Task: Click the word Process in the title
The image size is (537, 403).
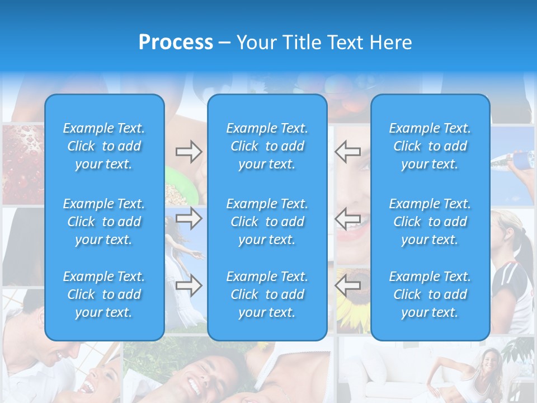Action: pos(176,43)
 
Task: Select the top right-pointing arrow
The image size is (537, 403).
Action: pos(189,152)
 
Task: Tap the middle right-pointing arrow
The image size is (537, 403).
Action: pos(189,218)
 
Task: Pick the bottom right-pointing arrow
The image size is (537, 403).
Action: pos(189,286)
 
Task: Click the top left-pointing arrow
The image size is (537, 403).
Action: pos(348,151)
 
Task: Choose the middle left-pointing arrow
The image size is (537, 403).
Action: pos(348,218)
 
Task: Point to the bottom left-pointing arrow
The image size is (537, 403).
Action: pos(348,285)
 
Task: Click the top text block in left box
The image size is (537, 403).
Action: pos(104,146)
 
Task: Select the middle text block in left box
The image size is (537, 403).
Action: pos(104,222)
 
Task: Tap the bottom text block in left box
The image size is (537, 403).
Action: pos(104,294)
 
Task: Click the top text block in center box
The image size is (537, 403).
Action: pos(267,146)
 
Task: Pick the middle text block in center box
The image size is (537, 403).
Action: pos(267,222)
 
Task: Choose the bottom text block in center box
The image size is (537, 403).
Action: pos(267,294)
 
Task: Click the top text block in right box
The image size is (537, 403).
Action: pos(430,146)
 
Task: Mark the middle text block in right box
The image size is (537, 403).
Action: pos(430,222)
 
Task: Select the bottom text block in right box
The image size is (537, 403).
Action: pos(430,294)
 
